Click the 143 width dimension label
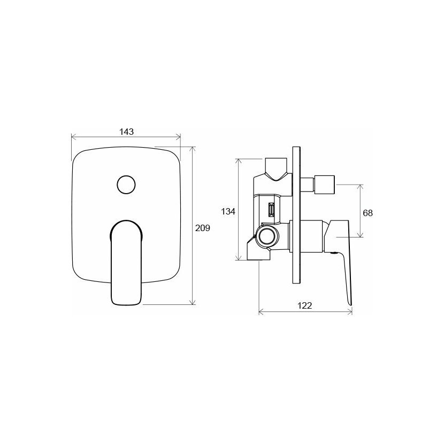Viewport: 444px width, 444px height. pos(126,132)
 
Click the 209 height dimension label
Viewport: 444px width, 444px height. pos(202,228)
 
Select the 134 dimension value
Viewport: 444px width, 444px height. pos(228,211)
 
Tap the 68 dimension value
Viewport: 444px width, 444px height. pos(368,213)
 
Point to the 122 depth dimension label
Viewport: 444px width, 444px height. pos(305,305)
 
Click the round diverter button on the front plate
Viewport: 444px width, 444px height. pos(126,185)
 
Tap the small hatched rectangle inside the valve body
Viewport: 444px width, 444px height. pos(271,210)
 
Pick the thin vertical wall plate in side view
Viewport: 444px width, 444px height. pos(296,215)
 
